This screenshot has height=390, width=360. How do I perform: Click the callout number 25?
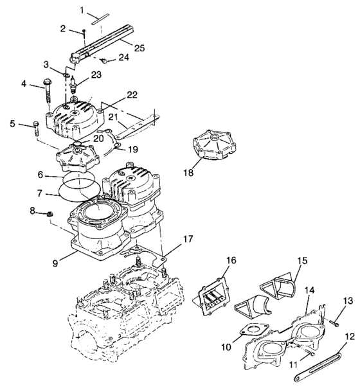pyautogui.click(x=139, y=46)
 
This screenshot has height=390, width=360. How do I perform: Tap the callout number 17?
pyautogui.click(x=188, y=240)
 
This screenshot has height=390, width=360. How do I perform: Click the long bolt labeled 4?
pyautogui.click(x=48, y=94)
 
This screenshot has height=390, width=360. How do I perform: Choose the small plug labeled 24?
pyautogui.click(x=104, y=62)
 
